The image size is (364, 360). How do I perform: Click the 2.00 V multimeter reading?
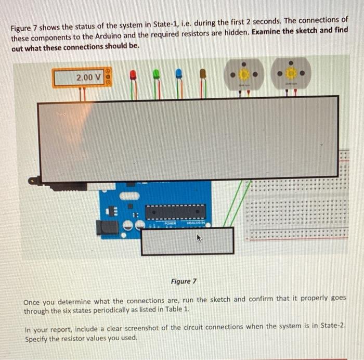point(88,78)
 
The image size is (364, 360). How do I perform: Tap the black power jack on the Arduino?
point(108,227)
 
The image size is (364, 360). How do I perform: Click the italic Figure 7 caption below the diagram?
point(183,281)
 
